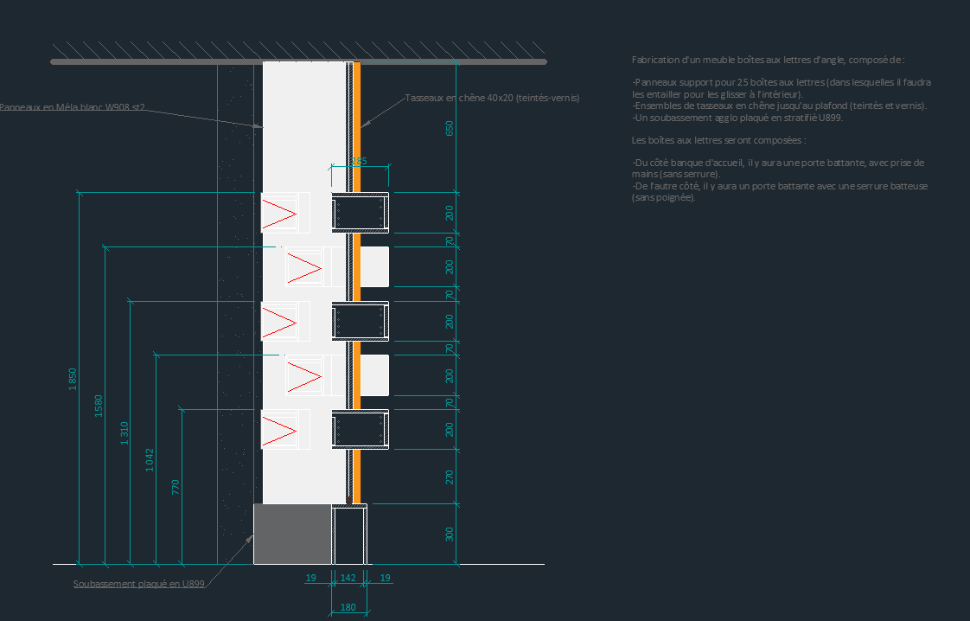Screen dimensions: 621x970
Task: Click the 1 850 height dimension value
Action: coord(73,380)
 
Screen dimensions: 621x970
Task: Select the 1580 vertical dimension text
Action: coord(98,406)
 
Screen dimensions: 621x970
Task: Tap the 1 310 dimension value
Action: coord(124,433)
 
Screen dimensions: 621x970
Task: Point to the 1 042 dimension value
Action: coord(150,458)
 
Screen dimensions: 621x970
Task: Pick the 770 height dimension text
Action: coord(175,486)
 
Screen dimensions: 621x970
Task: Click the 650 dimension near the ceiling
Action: coord(449,128)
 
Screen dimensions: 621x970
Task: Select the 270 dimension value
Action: coord(449,477)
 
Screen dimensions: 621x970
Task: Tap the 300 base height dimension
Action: coord(449,534)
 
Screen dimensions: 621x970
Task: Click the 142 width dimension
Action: coord(348,577)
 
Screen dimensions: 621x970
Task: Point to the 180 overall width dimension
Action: coord(348,607)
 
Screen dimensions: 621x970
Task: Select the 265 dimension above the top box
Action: coord(359,161)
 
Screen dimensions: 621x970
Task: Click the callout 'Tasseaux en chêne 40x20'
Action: coord(492,99)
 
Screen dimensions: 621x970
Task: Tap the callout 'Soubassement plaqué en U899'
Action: coord(139,584)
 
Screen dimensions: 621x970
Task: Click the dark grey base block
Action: coord(292,534)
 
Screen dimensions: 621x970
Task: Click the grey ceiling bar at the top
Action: coord(298,61)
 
